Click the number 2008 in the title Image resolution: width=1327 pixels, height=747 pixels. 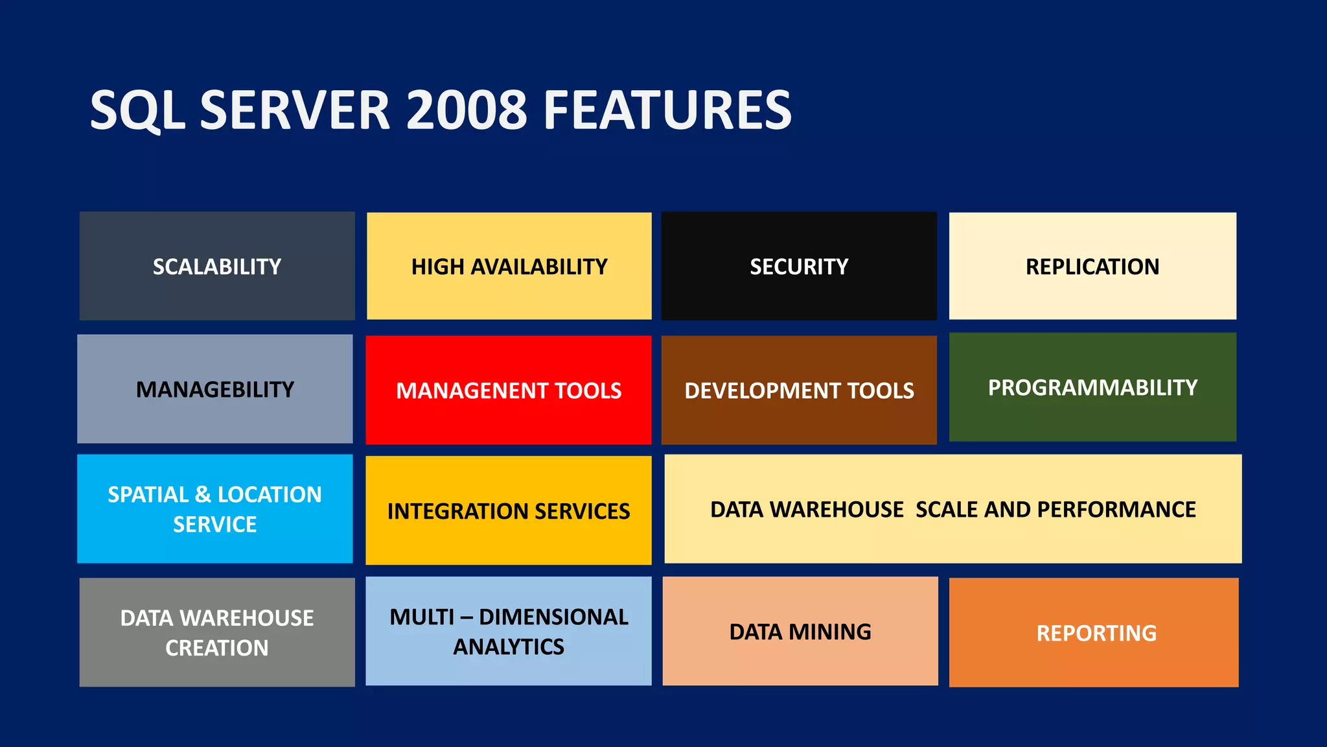(467, 110)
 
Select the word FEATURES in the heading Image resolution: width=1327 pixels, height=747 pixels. (667, 110)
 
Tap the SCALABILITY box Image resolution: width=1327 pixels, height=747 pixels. (217, 266)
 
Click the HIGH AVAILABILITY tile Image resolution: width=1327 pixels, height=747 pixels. (509, 266)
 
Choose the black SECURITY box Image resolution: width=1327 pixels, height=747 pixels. (799, 266)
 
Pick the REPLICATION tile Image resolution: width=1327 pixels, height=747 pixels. (1092, 266)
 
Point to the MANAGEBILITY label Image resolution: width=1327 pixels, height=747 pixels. (215, 389)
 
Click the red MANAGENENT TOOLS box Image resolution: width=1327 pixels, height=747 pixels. (509, 390)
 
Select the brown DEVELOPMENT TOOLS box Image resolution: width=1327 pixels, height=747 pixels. (799, 390)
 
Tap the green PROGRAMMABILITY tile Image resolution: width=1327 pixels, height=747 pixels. (1092, 387)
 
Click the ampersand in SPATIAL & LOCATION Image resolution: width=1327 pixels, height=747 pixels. (203, 495)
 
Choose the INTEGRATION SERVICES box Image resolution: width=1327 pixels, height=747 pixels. (509, 511)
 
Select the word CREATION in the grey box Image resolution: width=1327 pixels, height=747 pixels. (217, 648)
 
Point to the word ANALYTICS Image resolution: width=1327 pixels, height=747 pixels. (509, 646)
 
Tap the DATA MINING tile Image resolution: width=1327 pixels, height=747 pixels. (800, 632)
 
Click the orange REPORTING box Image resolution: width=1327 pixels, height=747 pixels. (1096, 633)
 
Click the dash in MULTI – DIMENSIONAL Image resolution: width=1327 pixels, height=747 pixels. (466, 617)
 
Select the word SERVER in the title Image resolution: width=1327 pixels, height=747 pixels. (295, 110)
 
